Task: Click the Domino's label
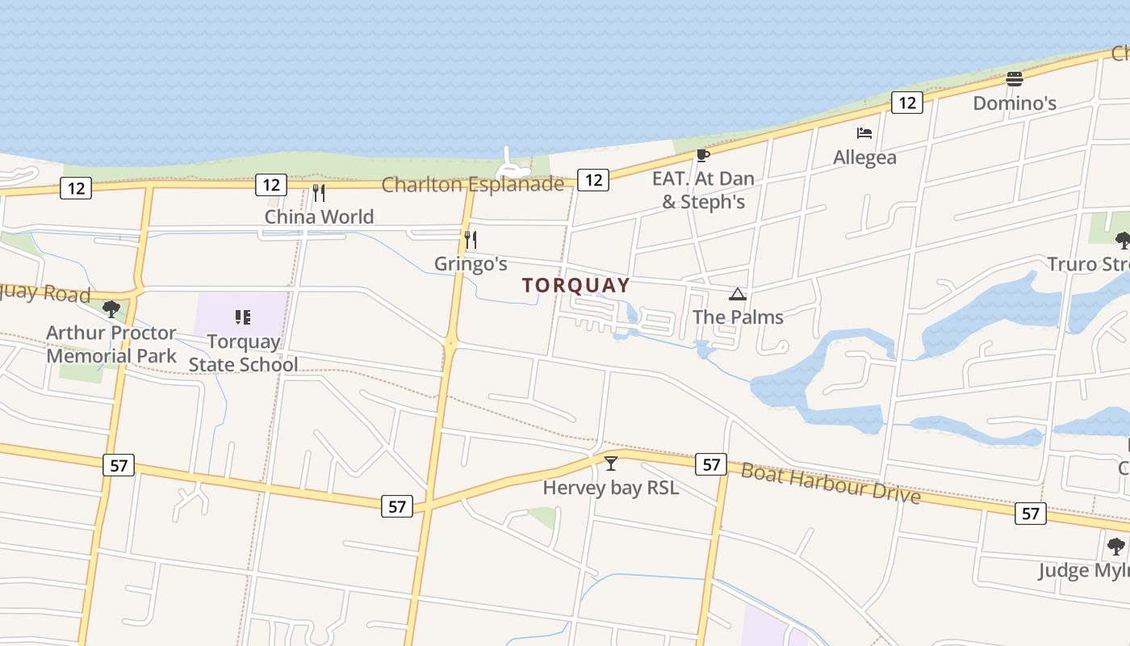coord(1015,103)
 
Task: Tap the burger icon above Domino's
coord(1015,79)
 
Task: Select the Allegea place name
coord(864,157)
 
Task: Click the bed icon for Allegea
coord(864,132)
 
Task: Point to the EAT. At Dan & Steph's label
coord(703,190)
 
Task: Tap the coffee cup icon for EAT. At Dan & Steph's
coord(702,155)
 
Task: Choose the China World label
coord(319,216)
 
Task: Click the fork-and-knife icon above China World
coord(319,192)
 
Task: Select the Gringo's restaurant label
coord(471,264)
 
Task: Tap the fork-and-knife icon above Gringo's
coord(471,239)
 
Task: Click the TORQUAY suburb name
coord(575,285)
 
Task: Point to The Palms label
coord(738,317)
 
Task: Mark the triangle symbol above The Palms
coord(737,294)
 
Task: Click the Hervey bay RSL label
coord(610,488)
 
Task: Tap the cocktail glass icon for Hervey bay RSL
coord(611,464)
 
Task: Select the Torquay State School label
coord(243,353)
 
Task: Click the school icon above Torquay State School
coord(243,317)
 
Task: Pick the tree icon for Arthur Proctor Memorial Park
coord(111,308)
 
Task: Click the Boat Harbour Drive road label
coord(831,482)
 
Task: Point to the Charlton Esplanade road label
coord(472,184)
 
